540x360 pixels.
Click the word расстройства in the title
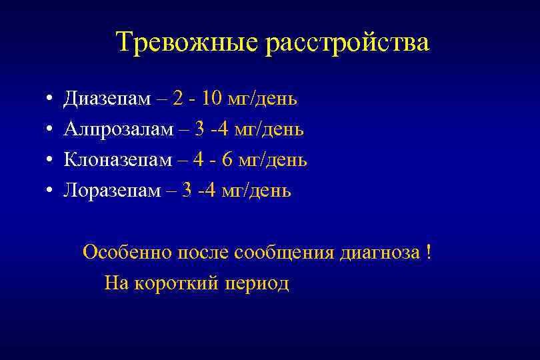click(x=347, y=43)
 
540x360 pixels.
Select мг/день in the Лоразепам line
click(x=258, y=191)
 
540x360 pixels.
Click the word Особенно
click(x=127, y=254)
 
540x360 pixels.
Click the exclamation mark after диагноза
click(x=428, y=253)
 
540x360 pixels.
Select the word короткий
click(x=175, y=284)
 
